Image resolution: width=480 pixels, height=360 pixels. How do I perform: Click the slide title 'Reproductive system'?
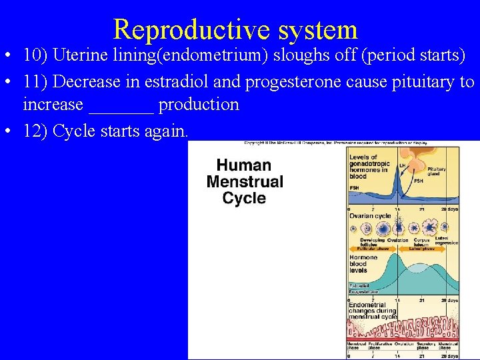pyautogui.click(x=235, y=29)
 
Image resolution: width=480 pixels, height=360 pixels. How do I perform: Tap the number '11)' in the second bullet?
pyautogui.click(x=35, y=81)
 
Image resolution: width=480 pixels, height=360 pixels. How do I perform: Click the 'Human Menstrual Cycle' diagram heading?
pyautogui.click(x=245, y=181)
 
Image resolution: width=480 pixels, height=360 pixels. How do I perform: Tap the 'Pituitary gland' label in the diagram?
pyautogui.click(x=437, y=172)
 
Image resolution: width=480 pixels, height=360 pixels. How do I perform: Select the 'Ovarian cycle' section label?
pyautogui.click(x=369, y=215)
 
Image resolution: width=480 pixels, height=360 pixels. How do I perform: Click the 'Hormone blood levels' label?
pyautogui.click(x=363, y=263)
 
